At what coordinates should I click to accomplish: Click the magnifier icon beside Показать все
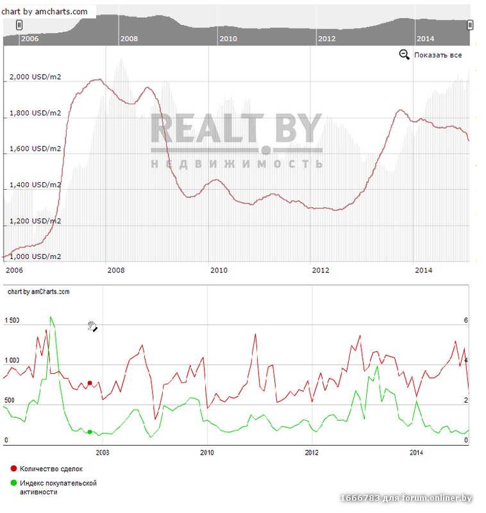[x=404, y=55]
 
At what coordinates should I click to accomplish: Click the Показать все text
[x=438, y=55]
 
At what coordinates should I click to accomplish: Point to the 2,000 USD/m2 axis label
[x=35, y=78]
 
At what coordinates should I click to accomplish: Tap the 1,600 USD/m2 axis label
[x=35, y=149]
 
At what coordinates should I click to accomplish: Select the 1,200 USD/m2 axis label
[x=35, y=221]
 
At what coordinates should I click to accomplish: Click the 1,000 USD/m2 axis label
[x=35, y=256]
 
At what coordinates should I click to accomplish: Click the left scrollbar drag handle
[x=19, y=24]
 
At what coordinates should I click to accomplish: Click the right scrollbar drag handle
[x=470, y=24]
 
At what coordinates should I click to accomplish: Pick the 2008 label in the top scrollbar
[x=129, y=38]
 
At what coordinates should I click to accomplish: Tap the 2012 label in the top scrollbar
[x=326, y=38]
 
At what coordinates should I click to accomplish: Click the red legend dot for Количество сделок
[x=14, y=469]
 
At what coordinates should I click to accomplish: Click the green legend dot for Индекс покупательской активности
[x=14, y=483]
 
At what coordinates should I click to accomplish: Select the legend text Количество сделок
[x=51, y=469]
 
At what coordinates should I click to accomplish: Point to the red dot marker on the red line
[x=90, y=383]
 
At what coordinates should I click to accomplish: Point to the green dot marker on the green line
[x=90, y=432]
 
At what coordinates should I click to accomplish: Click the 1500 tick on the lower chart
[x=12, y=321]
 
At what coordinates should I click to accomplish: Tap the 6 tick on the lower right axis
[x=466, y=321]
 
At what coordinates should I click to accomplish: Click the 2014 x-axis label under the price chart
[x=424, y=270]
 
